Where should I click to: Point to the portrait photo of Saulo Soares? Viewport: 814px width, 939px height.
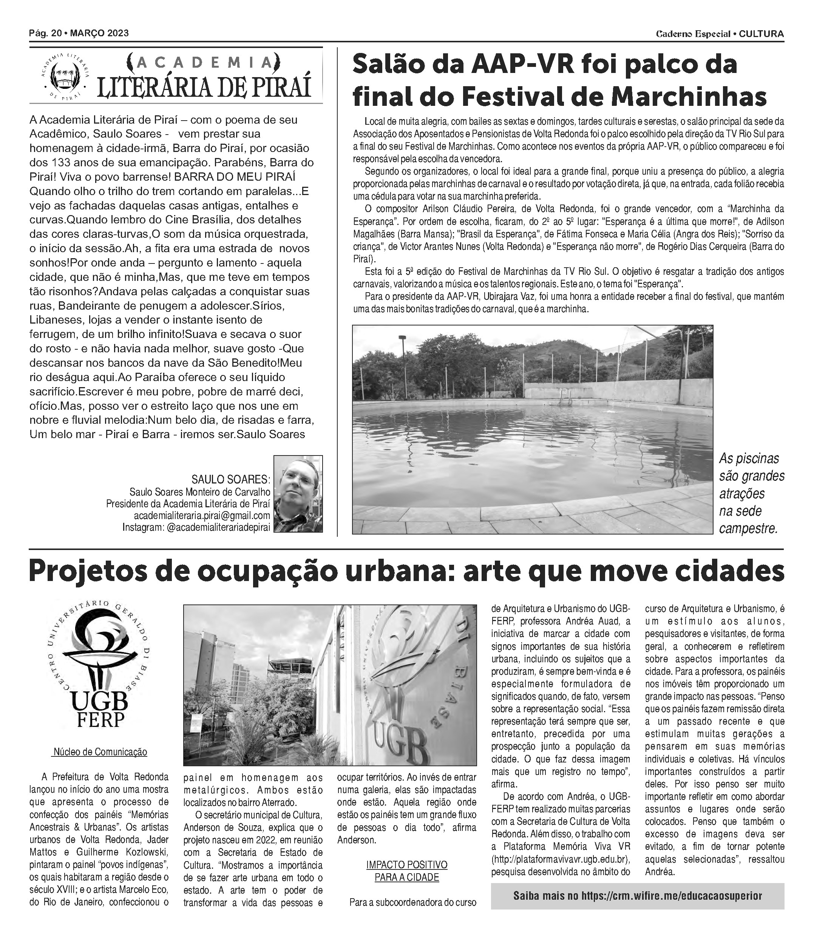coord(298,494)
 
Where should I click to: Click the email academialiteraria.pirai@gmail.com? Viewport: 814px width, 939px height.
coord(202,515)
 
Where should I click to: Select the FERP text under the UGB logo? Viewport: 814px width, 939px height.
coord(100,720)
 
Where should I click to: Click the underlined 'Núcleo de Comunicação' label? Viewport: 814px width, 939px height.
coord(100,752)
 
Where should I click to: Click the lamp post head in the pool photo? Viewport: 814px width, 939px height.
coord(402,337)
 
